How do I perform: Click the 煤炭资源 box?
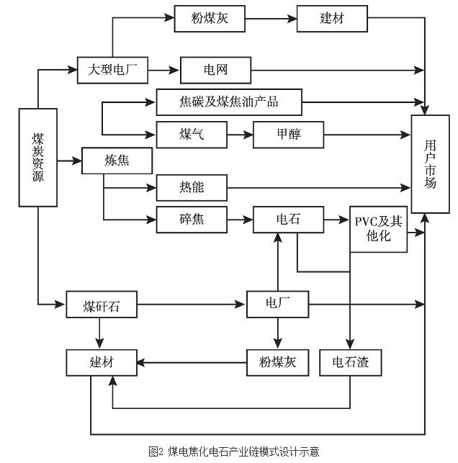37,157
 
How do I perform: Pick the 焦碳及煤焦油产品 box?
228,102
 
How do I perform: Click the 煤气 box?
191,134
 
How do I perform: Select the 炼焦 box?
117,161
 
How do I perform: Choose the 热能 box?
191,188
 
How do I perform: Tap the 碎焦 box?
191,219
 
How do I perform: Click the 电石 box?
288,219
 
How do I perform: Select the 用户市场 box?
431,163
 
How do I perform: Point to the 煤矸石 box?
101,305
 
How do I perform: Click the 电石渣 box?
350,362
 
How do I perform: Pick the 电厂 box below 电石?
278,303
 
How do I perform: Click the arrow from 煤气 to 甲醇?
241,134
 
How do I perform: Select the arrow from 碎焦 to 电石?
241,219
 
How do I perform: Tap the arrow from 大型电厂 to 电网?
164,71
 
